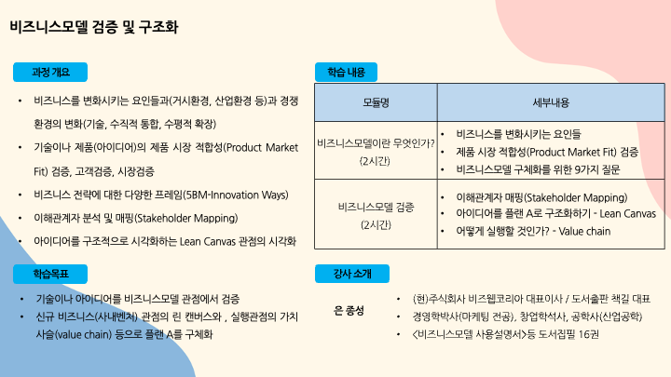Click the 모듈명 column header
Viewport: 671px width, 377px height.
(377, 101)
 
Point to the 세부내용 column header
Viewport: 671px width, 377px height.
(550, 101)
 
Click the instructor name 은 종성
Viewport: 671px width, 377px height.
(348, 309)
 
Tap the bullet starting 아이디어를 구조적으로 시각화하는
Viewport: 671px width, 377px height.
(165, 241)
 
